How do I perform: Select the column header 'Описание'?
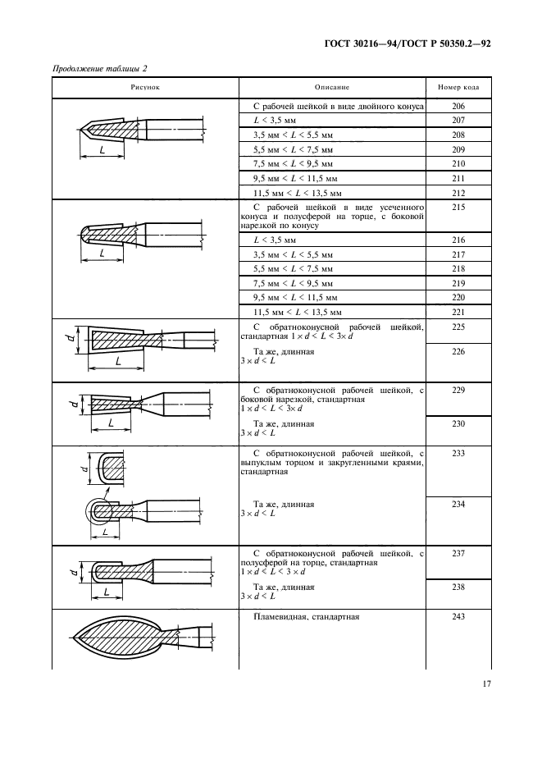tap(332, 86)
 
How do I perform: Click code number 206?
tap(458, 107)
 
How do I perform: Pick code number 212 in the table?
tap(458, 192)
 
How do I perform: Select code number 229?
tap(458, 391)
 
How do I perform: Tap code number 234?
tap(458, 504)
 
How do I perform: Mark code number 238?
tap(458, 587)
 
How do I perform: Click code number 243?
tap(458, 617)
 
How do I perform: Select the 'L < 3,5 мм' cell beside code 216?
tap(276, 240)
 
